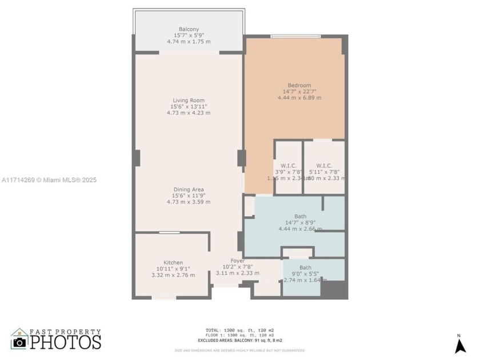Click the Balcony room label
tap(189, 29)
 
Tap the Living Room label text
tap(189, 101)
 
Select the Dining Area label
tap(189, 190)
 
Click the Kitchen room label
tap(173, 263)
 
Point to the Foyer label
tap(238, 261)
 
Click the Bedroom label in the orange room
tap(296, 86)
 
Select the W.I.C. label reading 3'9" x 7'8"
tap(289, 166)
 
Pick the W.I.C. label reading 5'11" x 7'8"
tap(324, 166)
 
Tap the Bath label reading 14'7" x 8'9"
tap(300, 216)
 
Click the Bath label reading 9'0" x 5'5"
tap(306, 267)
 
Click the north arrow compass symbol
tap(460, 345)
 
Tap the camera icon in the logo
tap(20, 342)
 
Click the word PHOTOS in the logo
tap(65, 342)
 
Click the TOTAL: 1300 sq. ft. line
tap(239, 330)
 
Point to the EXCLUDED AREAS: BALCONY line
tap(239, 340)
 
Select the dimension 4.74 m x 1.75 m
tap(189, 42)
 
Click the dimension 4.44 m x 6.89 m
tap(296, 98)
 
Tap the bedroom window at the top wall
tap(295, 37)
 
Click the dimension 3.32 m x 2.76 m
tap(173, 275)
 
